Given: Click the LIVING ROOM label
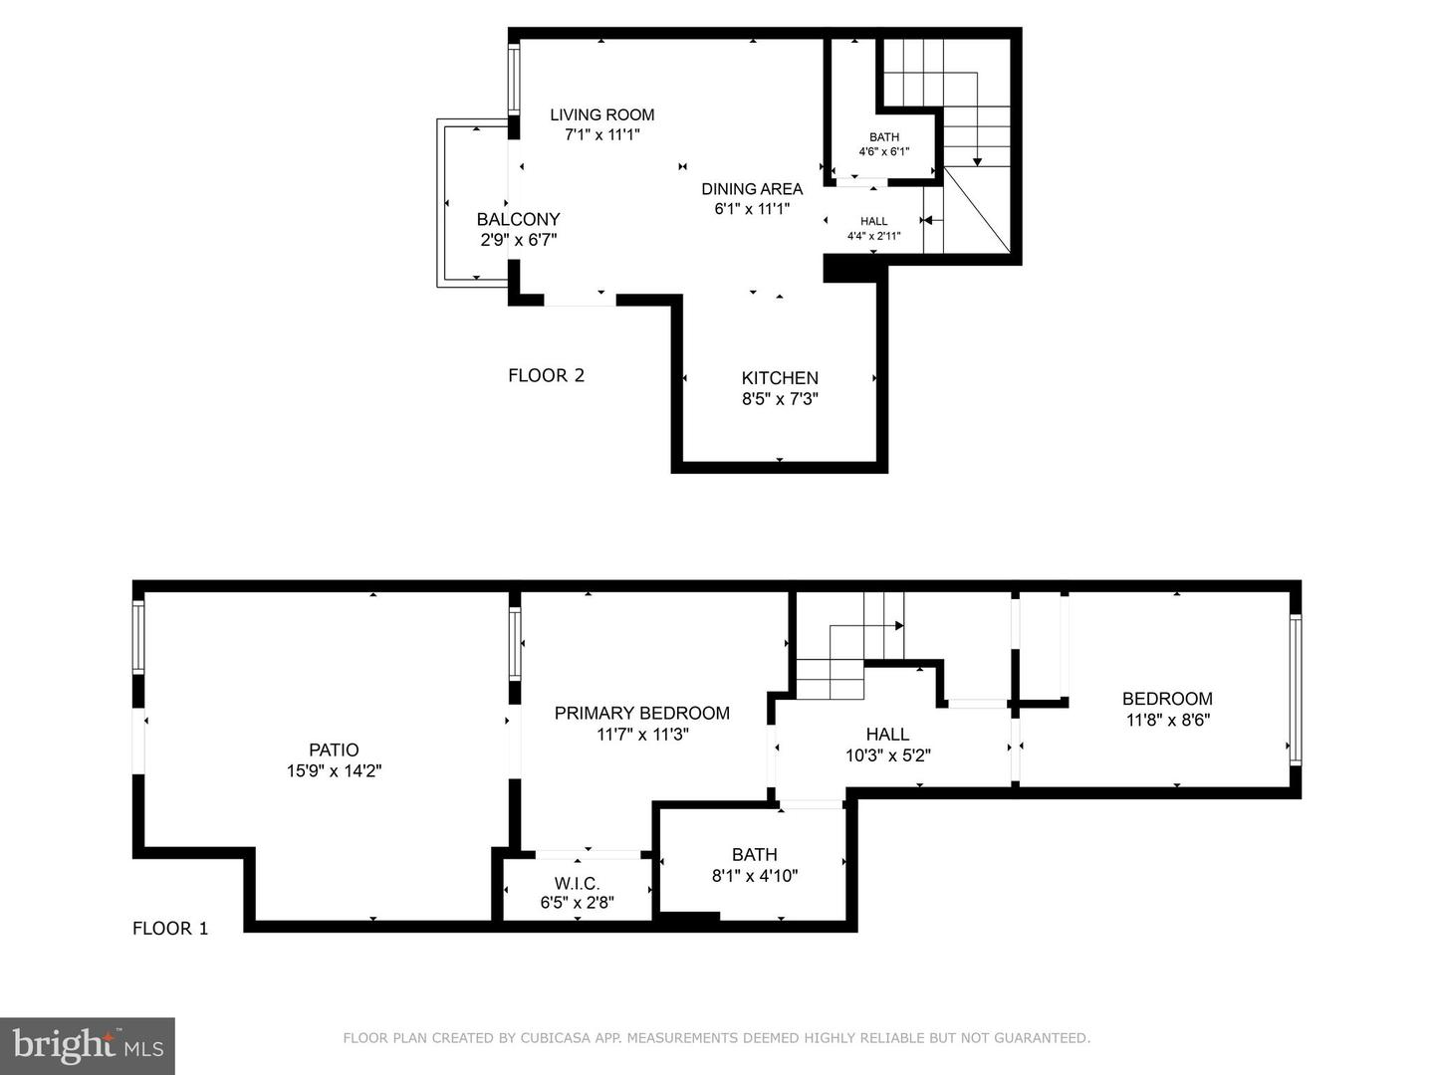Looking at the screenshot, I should (x=601, y=114).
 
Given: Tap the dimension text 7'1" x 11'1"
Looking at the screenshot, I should (x=601, y=134).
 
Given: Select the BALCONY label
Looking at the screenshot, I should (x=518, y=219).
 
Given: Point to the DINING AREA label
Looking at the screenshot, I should (x=752, y=189).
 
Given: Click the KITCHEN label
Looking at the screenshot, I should (x=780, y=378).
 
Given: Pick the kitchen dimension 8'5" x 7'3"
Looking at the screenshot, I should (x=780, y=399).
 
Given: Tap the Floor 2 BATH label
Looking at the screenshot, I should (x=884, y=137).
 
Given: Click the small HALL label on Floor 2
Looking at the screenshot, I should (x=873, y=222).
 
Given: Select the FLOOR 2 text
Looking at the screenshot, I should (x=546, y=375).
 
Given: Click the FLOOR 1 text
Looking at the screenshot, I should (x=170, y=929).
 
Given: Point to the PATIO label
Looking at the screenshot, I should (x=334, y=750).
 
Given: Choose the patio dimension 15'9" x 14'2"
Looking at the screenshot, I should (x=334, y=770).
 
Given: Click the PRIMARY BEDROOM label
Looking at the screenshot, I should (x=641, y=713).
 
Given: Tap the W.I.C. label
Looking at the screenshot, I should (x=577, y=884).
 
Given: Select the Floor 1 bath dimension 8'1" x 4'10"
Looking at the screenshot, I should (x=754, y=876).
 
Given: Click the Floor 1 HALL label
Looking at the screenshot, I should (x=887, y=734).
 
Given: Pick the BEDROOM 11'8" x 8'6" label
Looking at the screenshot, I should (x=1167, y=699).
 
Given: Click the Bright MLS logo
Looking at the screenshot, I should (x=88, y=1045).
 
